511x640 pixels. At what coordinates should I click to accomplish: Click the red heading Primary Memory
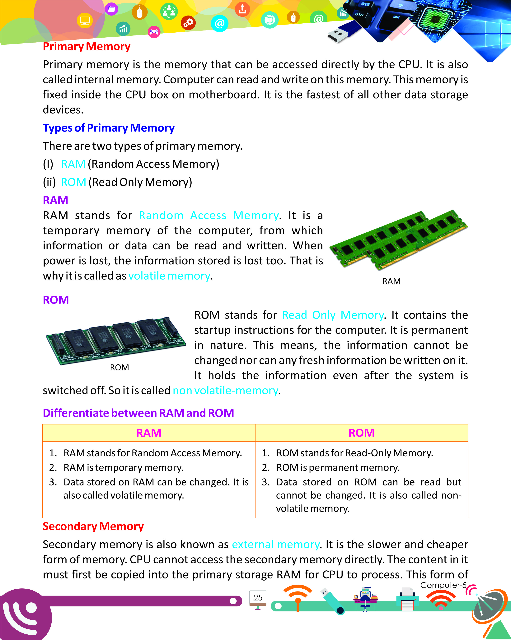click(x=86, y=47)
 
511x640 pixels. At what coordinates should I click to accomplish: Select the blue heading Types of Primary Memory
click(x=109, y=128)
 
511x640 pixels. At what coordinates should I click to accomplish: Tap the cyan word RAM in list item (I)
click(x=73, y=164)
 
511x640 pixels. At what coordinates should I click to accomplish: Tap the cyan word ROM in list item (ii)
click(x=73, y=182)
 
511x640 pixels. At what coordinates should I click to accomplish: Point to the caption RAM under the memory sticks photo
click(x=391, y=281)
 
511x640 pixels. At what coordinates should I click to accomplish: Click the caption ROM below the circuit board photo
click(x=119, y=368)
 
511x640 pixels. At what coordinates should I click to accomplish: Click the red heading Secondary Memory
click(x=93, y=526)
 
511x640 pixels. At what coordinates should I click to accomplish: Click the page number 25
click(x=258, y=598)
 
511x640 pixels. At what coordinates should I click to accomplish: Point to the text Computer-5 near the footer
click(x=443, y=585)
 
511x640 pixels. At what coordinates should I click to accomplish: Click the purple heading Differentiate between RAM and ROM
click(x=138, y=413)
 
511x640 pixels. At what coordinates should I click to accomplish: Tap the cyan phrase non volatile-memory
click(x=225, y=391)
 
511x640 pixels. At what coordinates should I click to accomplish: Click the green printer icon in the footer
click(x=407, y=599)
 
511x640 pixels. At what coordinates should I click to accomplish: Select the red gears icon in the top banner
click(x=188, y=23)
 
